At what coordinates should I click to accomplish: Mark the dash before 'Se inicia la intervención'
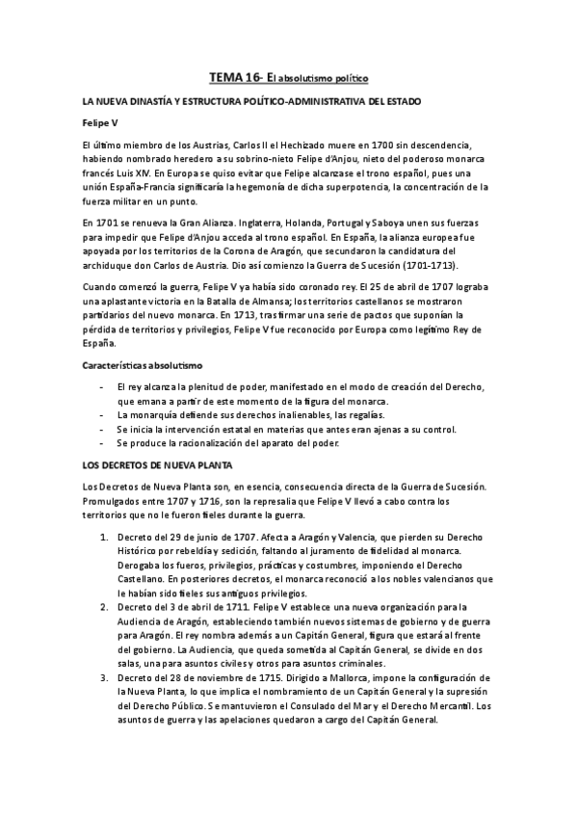(103, 429)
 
